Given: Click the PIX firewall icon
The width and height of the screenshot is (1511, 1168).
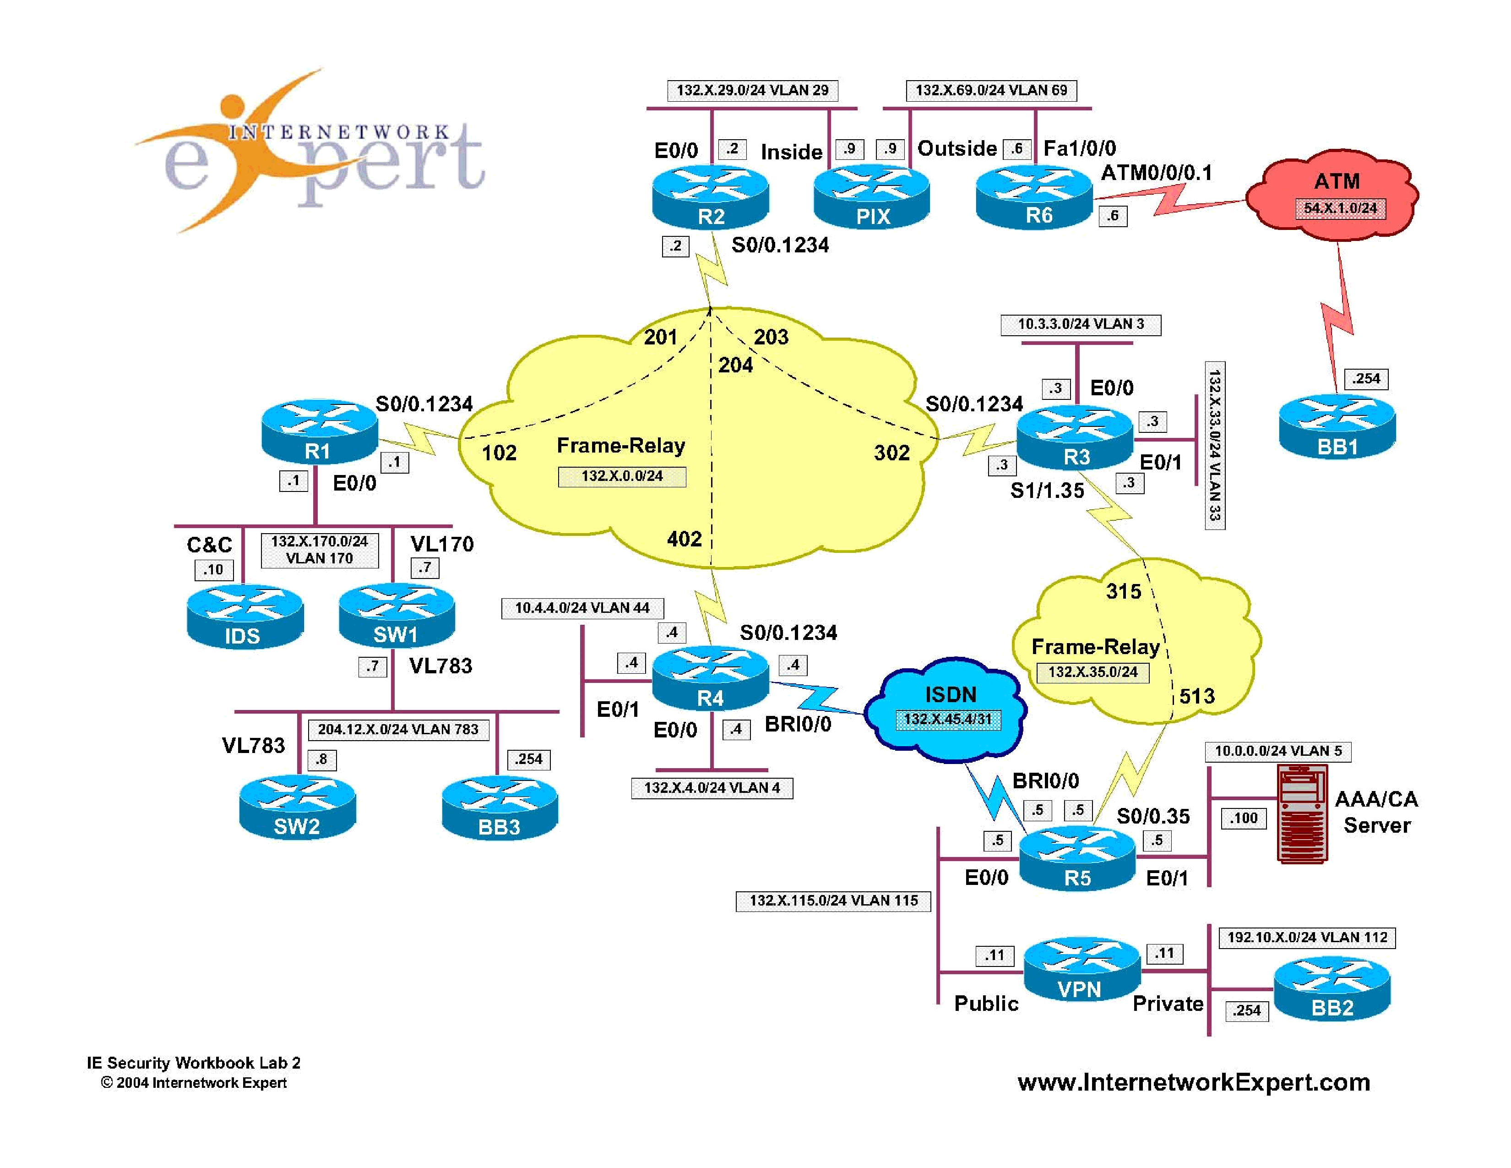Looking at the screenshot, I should pyautogui.click(x=872, y=197).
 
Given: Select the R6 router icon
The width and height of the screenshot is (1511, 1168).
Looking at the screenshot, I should pyautogui.click(x=1034, y=197).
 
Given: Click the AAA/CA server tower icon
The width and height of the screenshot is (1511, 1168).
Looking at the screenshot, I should pyautogui.click(x=1302, y=814).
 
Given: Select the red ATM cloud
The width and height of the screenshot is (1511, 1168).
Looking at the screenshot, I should pyautogui.click(x=1333, y=197).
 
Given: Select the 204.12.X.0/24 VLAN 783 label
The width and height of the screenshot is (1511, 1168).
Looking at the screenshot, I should pyautogui.click(x=398, y=729).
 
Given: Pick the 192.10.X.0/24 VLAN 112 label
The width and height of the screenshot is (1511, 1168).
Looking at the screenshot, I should pyautogui.click(x=1307, y=938).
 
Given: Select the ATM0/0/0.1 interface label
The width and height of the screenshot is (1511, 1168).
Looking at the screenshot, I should pyautogui.click(x=1156, y=172).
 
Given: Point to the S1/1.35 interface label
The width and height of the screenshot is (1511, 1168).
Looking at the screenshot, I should pyautogui.click(x=1047, y=491).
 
